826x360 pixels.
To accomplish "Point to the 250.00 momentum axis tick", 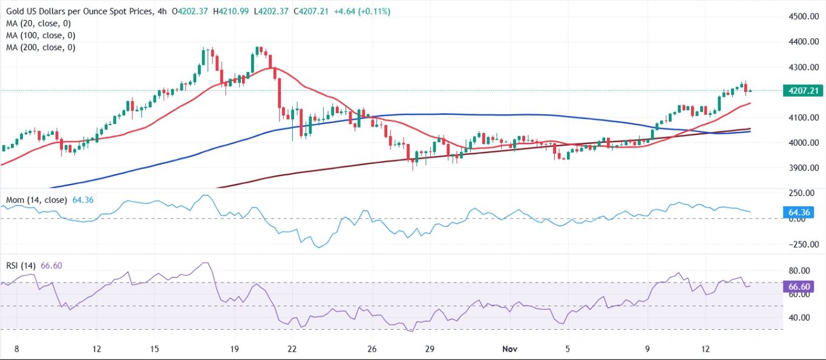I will click(x=801, y=193).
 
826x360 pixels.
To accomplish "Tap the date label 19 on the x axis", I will click(x=234, y=349).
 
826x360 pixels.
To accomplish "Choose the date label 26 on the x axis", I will click(x=372, y=349).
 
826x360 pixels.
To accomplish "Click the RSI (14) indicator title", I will click(x=20, y=265).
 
